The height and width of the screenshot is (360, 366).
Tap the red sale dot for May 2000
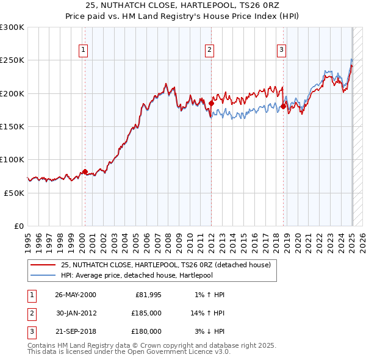(85, 171)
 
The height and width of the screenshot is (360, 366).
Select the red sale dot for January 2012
(211, 103)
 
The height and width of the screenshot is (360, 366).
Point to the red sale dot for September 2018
(283, 106)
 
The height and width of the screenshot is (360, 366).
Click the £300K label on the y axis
(12, 27)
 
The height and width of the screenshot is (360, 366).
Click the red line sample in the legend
(42, 265)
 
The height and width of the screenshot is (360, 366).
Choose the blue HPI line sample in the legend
(42, 275)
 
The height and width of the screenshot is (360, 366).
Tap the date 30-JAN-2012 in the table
(76, 313)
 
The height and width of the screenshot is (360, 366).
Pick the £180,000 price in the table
(146, 331)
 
